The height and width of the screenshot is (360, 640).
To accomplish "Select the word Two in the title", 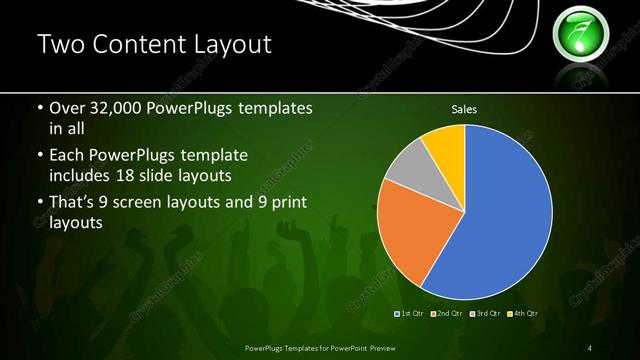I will [x=59, y=45].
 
